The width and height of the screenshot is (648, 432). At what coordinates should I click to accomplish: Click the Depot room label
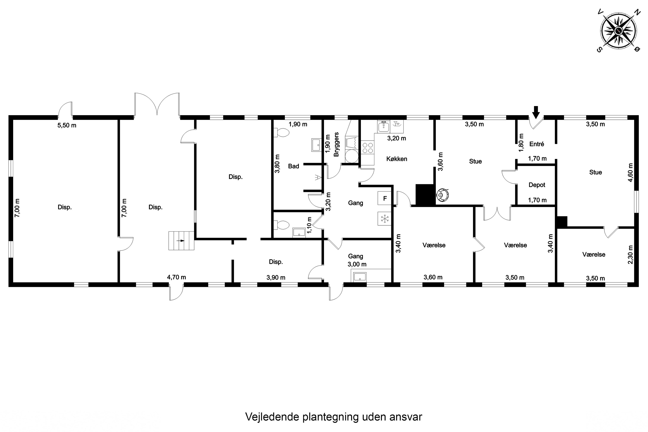537,185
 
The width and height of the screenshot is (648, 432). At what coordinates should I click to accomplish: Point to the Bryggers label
336,144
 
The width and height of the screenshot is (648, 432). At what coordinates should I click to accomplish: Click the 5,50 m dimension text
67,125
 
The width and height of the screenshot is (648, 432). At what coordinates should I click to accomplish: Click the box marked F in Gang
385,198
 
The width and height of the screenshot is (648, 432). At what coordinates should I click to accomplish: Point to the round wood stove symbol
442,195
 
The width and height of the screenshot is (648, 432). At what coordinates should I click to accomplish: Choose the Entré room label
537,144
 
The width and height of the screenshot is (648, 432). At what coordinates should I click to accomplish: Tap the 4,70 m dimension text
176,277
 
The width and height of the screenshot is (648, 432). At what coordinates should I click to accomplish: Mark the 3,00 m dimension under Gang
357,264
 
